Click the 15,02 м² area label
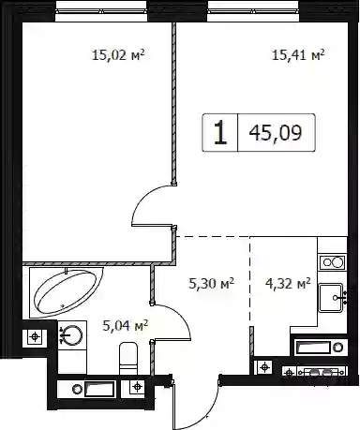tap(118, 55)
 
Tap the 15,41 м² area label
tap(298, 55)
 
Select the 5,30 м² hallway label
tap(212, 284)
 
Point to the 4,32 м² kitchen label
tap(288, 284)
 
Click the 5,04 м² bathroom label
tap(125, 326)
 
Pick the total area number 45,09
tap(276, 133)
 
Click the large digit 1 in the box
tap(220, 133)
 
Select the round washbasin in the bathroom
tap(71, 335)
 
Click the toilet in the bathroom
tap(128, 358)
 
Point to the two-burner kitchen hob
tap(333, 262)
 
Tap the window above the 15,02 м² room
tap(101, 12)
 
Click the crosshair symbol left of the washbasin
tap(35, 337)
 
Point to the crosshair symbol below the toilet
tap(137, 387)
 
